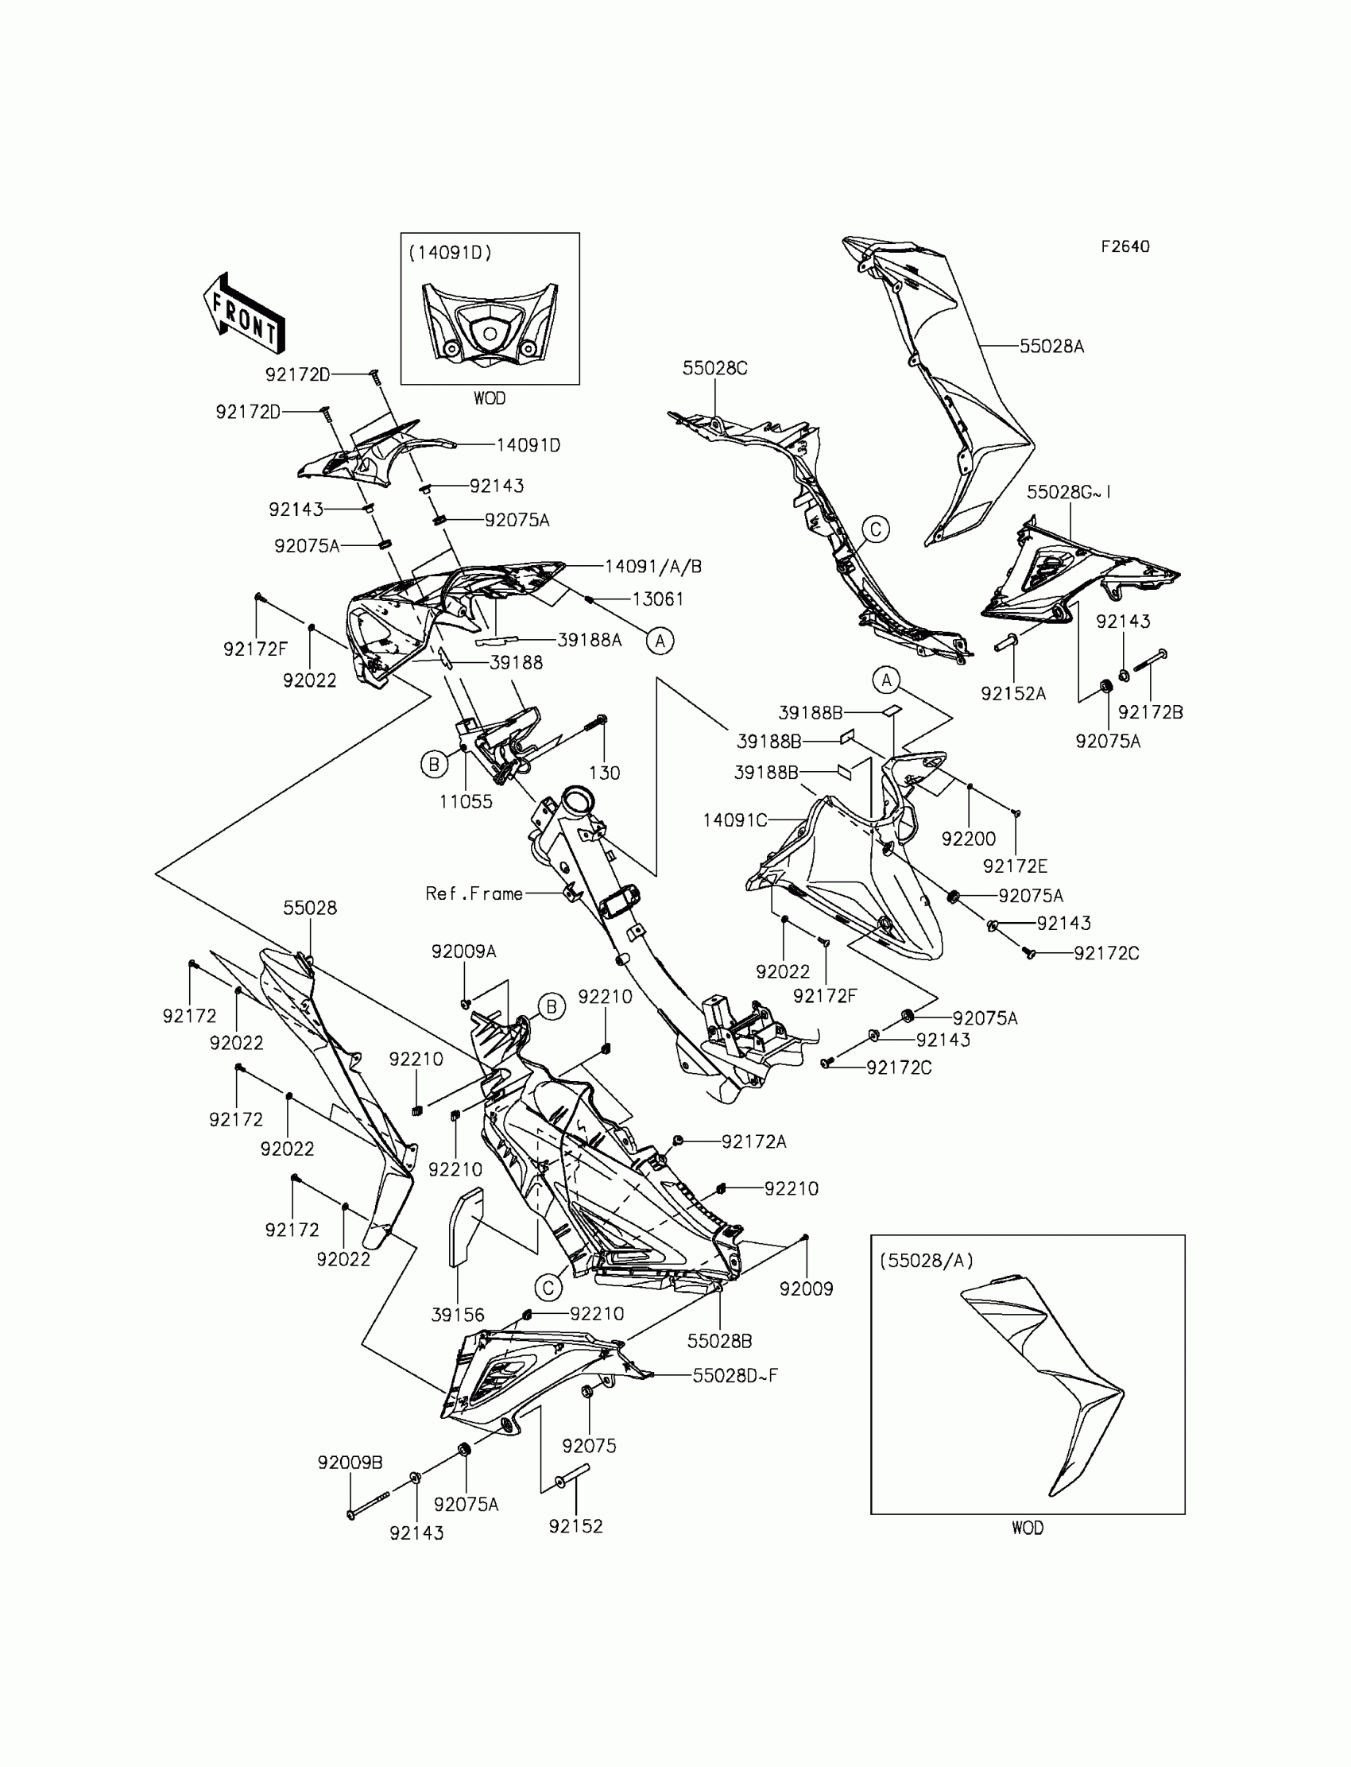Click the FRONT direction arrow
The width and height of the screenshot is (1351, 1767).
click(x=244, y=314)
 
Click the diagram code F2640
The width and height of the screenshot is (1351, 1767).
click(x=1125, y=247)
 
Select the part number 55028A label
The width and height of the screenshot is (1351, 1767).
click(x=1051, y=347)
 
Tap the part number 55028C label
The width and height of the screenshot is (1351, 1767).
click(x=715, y=368)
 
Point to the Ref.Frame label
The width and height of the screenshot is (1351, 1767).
click(x=474, y=893)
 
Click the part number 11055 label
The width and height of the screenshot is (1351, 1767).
click(x=466, y=801)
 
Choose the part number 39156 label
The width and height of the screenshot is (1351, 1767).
click(x=458, y=1315)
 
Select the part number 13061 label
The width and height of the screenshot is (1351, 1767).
click(x=658, y=599)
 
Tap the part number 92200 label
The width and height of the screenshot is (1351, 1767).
click(x=968, y=839)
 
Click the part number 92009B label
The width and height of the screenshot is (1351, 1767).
click(x=350, y=1463)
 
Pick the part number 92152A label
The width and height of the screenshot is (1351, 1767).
click(x=1013, y=693)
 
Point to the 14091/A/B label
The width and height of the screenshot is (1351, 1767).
click(x=653, y=566)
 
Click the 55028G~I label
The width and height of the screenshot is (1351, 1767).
click(x=1069, y=492)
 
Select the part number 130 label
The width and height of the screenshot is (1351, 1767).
click(x=604, y=773)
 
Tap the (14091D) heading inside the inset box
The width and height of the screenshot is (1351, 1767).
click(x=451, y=253)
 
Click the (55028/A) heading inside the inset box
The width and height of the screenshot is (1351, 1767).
click(x=926, y=1261)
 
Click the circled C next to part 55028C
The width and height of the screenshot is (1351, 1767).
click(x=876, y=529)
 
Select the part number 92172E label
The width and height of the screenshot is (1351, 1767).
click(x=1015, y=866)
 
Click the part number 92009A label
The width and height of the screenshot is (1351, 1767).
click(x=464, y=951)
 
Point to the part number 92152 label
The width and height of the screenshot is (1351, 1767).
click(x=576, y=1525)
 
